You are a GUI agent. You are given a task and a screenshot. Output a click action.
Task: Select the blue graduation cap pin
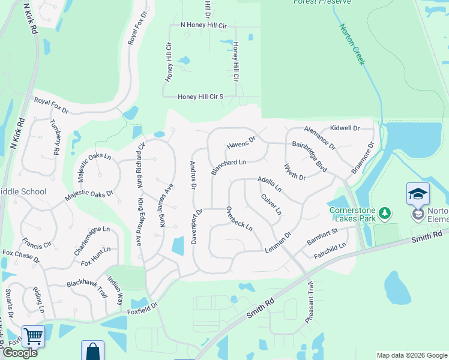418,194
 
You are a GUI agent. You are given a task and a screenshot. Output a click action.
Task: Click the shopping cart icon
33,336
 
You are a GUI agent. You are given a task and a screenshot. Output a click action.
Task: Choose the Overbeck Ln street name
239,219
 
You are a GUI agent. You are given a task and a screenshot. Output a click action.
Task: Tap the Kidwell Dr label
345,128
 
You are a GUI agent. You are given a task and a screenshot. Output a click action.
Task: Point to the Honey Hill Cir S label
200,97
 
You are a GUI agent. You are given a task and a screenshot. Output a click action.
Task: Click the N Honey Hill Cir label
203,26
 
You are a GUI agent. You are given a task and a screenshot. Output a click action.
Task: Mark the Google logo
20,353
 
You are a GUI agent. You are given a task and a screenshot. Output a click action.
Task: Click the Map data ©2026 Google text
411,355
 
